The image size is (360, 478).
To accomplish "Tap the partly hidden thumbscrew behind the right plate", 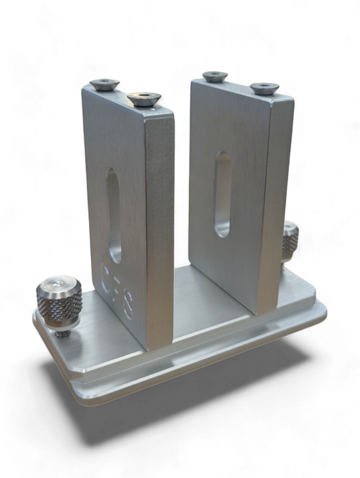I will point(290,241).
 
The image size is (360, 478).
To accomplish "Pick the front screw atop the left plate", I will point(144,97).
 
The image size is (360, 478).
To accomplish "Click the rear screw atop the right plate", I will point(215,76).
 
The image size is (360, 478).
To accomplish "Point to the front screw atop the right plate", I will point(265,88).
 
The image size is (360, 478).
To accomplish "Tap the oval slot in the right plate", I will point(221,194).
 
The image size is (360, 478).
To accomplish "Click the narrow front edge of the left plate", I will point(160,228).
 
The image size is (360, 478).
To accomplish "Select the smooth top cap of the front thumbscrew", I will point(58,283).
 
